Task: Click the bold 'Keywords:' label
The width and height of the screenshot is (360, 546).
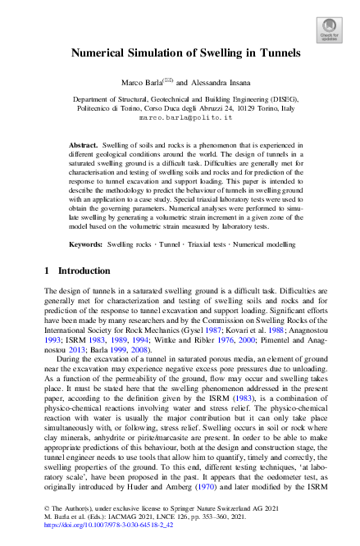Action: [x=85, y=244]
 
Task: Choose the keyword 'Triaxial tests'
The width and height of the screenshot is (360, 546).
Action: [x=203, y=244]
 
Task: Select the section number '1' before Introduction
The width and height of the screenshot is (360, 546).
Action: [x=47, y=271]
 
